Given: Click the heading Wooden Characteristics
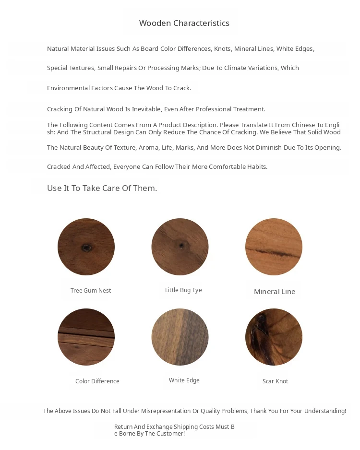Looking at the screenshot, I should [x=184, y=23].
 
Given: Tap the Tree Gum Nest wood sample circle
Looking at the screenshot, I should [x=86, y=247].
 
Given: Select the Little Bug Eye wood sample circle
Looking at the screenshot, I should [x=180, y=247].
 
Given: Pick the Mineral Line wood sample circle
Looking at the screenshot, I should [x=274, y=247].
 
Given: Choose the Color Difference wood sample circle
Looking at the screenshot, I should [x=86, y=337].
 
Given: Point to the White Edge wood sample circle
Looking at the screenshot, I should [x=180, y=337].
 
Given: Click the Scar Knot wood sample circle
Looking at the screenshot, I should [x=274, y=337].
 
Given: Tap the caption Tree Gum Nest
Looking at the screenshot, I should [x=91, y=291].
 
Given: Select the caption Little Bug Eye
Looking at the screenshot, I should [x=183, y=290].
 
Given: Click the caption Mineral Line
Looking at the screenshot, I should [x=275, y=292].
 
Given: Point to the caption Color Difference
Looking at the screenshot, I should [x=97, y=381].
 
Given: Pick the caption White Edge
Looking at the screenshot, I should [x=184, y=380].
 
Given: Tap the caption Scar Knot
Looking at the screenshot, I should [x=276, y=381].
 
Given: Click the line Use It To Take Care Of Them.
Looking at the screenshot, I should [x=102, y=188].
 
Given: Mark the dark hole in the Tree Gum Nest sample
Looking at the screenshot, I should [x=86, y=248].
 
